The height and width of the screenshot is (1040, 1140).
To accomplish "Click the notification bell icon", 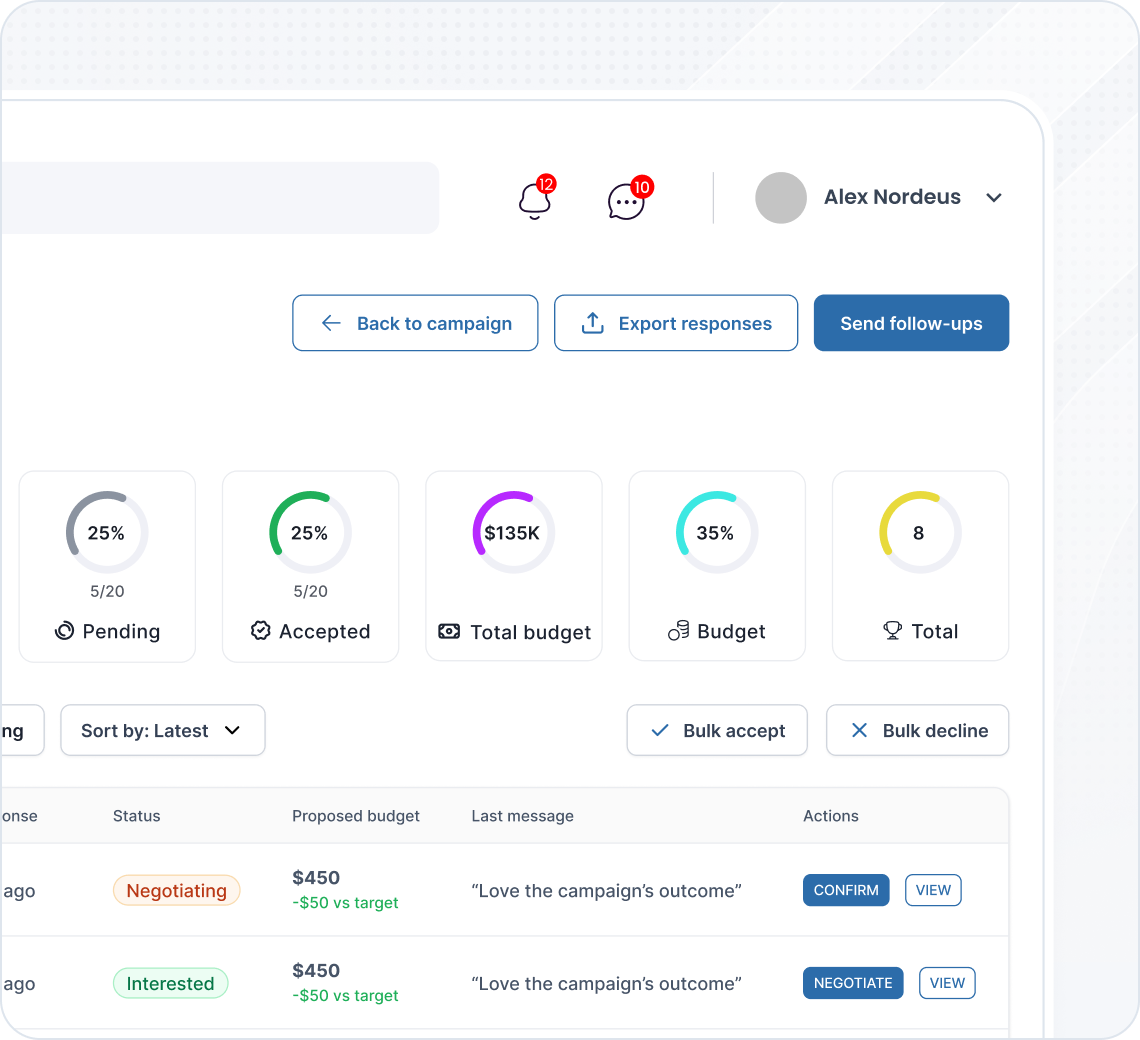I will (535, 200).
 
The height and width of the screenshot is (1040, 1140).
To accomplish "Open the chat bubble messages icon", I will (626, 201).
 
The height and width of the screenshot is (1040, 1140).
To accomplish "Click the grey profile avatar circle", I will (781, 198).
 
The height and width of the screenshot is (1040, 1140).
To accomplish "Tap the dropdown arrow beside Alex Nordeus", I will (994, 198).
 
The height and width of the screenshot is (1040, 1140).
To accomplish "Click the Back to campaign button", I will (415, 323).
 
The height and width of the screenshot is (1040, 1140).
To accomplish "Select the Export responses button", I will (676, 323).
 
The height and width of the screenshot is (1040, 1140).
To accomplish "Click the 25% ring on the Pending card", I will (107, 533).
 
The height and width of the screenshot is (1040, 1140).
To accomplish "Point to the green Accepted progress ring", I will (310, 533).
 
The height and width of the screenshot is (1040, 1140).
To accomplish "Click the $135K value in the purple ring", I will (512, 533).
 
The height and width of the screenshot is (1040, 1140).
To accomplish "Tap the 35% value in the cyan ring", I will (715, 533).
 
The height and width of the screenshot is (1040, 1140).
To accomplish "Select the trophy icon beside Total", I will (893, 631).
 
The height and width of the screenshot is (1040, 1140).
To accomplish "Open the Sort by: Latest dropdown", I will (163, 730).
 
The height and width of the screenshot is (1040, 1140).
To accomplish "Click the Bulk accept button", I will (717, 730).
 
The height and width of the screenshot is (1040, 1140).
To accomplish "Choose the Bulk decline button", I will (917, 730).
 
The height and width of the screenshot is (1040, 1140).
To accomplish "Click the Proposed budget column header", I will (356, 816).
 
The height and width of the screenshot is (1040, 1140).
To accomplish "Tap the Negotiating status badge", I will (177, 891).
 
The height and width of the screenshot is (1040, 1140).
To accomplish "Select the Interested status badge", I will (170, 984).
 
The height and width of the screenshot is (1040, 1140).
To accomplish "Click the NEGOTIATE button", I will (853, 983).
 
